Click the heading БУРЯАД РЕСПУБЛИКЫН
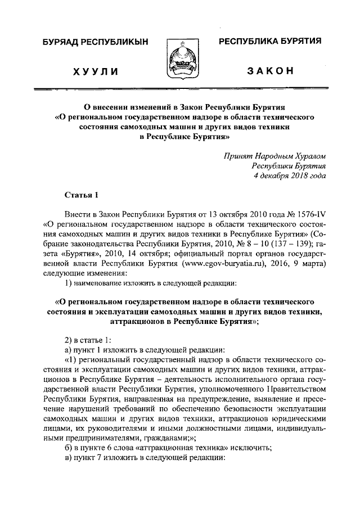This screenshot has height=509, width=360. pyautogui.click(x=90, y=43)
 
